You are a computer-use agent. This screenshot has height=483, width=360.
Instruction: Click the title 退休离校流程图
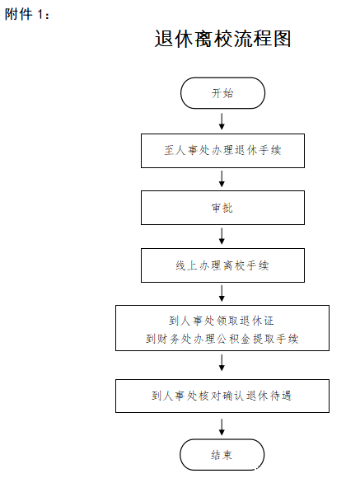222,39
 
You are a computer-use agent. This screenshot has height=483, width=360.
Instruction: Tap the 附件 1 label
26,14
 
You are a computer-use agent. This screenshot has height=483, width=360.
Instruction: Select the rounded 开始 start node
222,93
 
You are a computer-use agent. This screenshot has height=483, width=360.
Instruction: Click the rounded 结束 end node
222,455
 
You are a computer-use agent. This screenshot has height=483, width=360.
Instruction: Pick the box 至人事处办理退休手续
222,151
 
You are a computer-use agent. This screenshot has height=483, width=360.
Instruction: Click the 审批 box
222,208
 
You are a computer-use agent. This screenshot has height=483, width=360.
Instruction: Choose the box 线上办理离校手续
222,265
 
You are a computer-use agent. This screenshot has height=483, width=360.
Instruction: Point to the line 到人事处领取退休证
222,321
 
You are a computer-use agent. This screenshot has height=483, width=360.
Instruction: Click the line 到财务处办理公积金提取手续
222,339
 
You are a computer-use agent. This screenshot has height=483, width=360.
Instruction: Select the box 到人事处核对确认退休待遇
222,396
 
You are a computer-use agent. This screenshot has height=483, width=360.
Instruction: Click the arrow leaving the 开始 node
222,121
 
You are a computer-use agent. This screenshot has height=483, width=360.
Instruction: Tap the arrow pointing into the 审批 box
222,179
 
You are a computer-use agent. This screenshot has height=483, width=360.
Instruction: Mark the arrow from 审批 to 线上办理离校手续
222,237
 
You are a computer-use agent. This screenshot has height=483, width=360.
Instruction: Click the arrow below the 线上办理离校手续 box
222,293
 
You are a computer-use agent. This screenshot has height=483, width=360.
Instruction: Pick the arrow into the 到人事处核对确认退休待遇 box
222,363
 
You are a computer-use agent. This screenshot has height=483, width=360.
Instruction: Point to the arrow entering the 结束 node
222,427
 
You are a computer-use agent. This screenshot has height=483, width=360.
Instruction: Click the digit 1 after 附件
40,15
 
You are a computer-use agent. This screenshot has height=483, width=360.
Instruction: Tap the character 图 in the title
282,39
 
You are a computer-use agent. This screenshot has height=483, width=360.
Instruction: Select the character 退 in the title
164,39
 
